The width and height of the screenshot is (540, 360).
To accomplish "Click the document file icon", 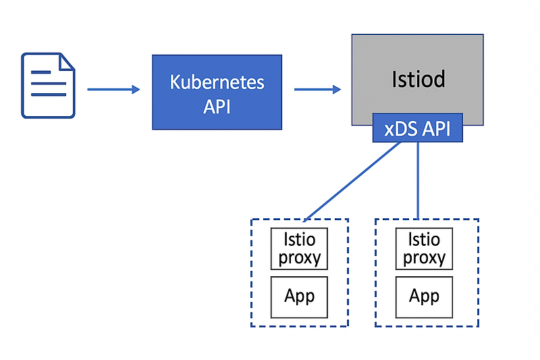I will coord(48,85).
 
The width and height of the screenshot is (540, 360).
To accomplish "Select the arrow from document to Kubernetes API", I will coord(111,89).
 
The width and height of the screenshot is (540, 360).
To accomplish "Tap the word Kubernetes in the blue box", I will coord(217,82).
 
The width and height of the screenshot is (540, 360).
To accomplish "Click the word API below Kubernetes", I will coord(217,106).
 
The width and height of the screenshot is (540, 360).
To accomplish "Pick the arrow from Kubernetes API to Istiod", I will coord(316,89).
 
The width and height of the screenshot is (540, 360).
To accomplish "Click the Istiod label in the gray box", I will coord(418,80).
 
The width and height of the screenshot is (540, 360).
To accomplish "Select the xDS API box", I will coord(417,128).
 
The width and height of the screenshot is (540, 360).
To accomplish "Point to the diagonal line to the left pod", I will coord(351,182).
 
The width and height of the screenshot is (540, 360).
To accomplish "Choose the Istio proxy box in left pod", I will coord(299,249).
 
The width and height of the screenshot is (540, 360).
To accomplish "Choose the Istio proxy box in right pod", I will coord(424,249).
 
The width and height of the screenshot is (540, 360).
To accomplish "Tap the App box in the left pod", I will coord(299,297).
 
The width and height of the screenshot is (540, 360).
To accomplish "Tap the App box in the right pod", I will coord(424,297).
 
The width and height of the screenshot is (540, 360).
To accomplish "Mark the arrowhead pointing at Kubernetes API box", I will coord(136,89).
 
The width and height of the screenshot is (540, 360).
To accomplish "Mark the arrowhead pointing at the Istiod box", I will coord(337,89).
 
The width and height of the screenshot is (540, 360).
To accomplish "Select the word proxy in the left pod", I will coord(299,258).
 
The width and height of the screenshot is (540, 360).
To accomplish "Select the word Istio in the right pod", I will coord(424,239).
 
